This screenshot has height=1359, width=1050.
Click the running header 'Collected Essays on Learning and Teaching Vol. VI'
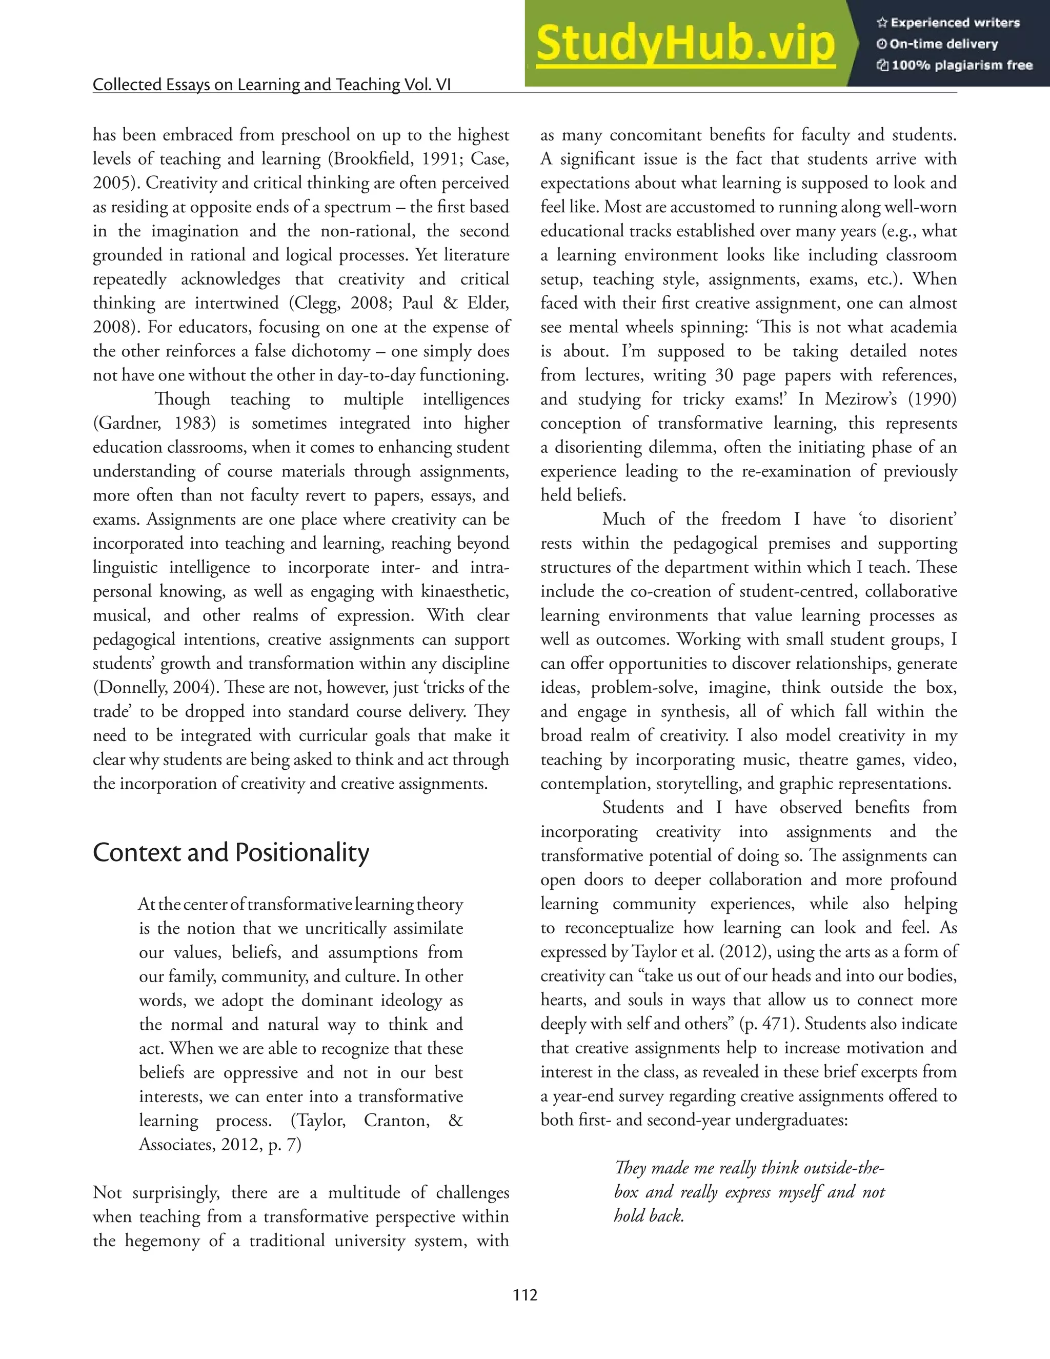point(272,85)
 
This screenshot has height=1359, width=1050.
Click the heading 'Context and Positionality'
point(231,852)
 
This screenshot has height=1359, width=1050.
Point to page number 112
point(525,1295)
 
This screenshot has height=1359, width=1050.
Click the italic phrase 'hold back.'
point(649,1216)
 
